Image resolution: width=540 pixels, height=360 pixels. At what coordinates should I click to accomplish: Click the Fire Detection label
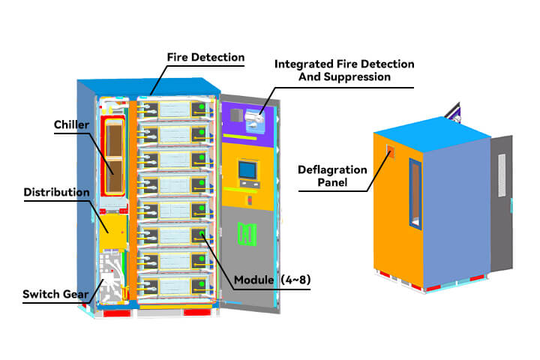click(x=205, y=57)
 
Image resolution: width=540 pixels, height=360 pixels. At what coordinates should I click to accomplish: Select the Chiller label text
click(x=72, y=124)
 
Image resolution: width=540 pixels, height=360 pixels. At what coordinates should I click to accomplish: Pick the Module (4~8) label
click(x=271, y=280)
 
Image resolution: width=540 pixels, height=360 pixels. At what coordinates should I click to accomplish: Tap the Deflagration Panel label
click(x=333, y=175)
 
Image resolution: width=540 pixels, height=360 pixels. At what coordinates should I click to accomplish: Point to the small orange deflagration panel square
click(x=391, y=151)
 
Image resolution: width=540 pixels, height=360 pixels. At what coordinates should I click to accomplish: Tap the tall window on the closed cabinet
click(x=416, y=192)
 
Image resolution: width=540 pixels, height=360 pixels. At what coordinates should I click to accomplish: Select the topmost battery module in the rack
click(x=172, y=112)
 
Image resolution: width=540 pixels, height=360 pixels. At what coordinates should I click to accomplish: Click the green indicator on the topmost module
click(x=201, y=109)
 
